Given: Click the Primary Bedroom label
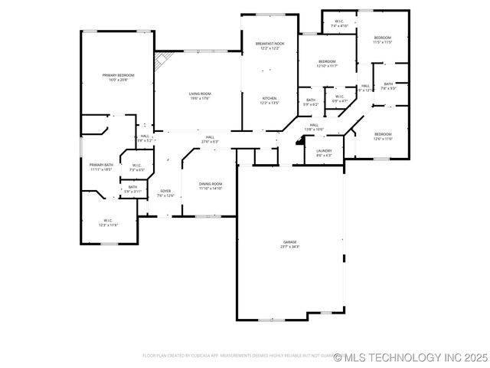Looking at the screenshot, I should [119, 77].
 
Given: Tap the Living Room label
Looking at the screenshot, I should [200, 96].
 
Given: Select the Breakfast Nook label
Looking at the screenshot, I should [269, 46].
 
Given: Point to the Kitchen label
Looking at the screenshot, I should [269, 100].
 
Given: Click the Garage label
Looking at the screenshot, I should [289, 244].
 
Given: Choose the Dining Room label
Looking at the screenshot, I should [211, 186].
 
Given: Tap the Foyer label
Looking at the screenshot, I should [166, 193].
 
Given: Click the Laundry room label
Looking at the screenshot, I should [324, 153].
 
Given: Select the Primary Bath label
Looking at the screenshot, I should [101, 167].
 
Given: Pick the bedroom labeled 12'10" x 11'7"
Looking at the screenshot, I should [327, 64].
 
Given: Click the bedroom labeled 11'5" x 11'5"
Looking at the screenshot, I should [382, 40].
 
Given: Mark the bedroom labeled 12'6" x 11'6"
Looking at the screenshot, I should [383, 136].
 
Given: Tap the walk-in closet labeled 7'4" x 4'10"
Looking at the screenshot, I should [339, 24].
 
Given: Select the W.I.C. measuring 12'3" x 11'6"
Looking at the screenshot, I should [108, 223].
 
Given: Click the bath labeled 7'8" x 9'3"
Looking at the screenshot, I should [388, 86].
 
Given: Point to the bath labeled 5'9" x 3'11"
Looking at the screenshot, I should [132, 189].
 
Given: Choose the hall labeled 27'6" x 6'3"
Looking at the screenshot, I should [210, 140].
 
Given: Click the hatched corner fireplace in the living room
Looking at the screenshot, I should [161, 61].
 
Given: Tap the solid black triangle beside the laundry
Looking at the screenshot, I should [301, 143].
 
